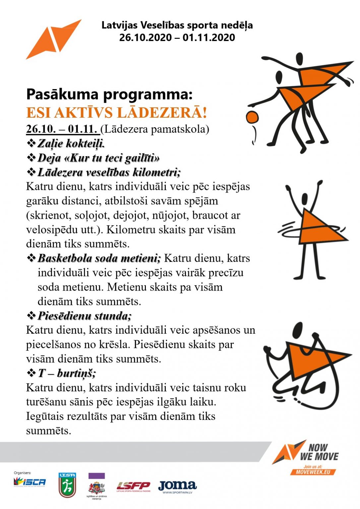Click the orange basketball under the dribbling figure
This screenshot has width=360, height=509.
click(252, 117)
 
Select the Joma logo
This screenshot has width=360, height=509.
click(177, 486)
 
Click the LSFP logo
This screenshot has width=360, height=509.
click(133, 486)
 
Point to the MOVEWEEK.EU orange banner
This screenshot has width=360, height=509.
click(313, 472)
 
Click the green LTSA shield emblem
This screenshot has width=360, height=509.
click(67, 485)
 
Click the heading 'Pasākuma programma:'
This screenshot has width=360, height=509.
click(109, 94)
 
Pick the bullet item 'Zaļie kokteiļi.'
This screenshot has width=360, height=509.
click(71, 143)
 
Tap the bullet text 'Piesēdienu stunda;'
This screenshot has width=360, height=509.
click(85, 316)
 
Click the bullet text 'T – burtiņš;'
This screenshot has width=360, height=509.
click(67, 373)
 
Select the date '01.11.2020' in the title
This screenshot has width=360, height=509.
click(209, 37)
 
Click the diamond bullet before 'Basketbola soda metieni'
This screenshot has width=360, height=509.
click(31, 258)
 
